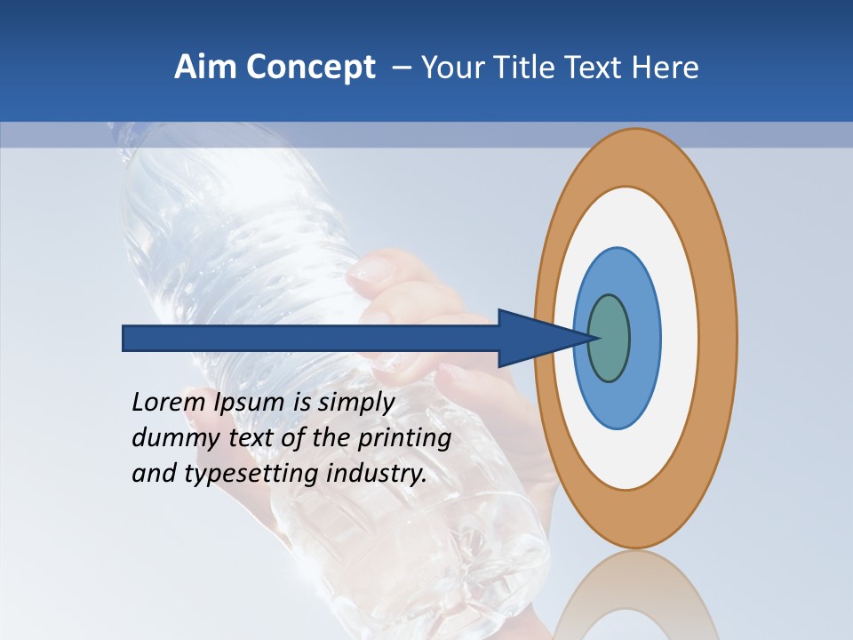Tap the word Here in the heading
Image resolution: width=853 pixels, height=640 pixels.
666,68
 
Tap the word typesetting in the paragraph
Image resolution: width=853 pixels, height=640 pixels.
252,474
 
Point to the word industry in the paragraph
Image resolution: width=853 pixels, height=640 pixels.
377,474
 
